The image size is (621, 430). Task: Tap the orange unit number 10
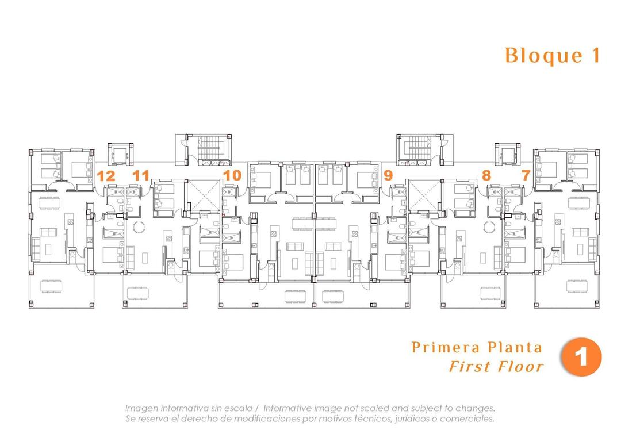232,175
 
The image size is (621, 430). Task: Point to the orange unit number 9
388,175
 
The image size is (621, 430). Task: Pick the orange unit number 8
486,175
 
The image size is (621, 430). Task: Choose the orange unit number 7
526,175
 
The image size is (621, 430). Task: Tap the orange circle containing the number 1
581,357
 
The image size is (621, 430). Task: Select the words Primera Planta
477,347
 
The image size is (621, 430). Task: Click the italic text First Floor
496,366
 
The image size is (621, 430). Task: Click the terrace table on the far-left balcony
50,286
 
